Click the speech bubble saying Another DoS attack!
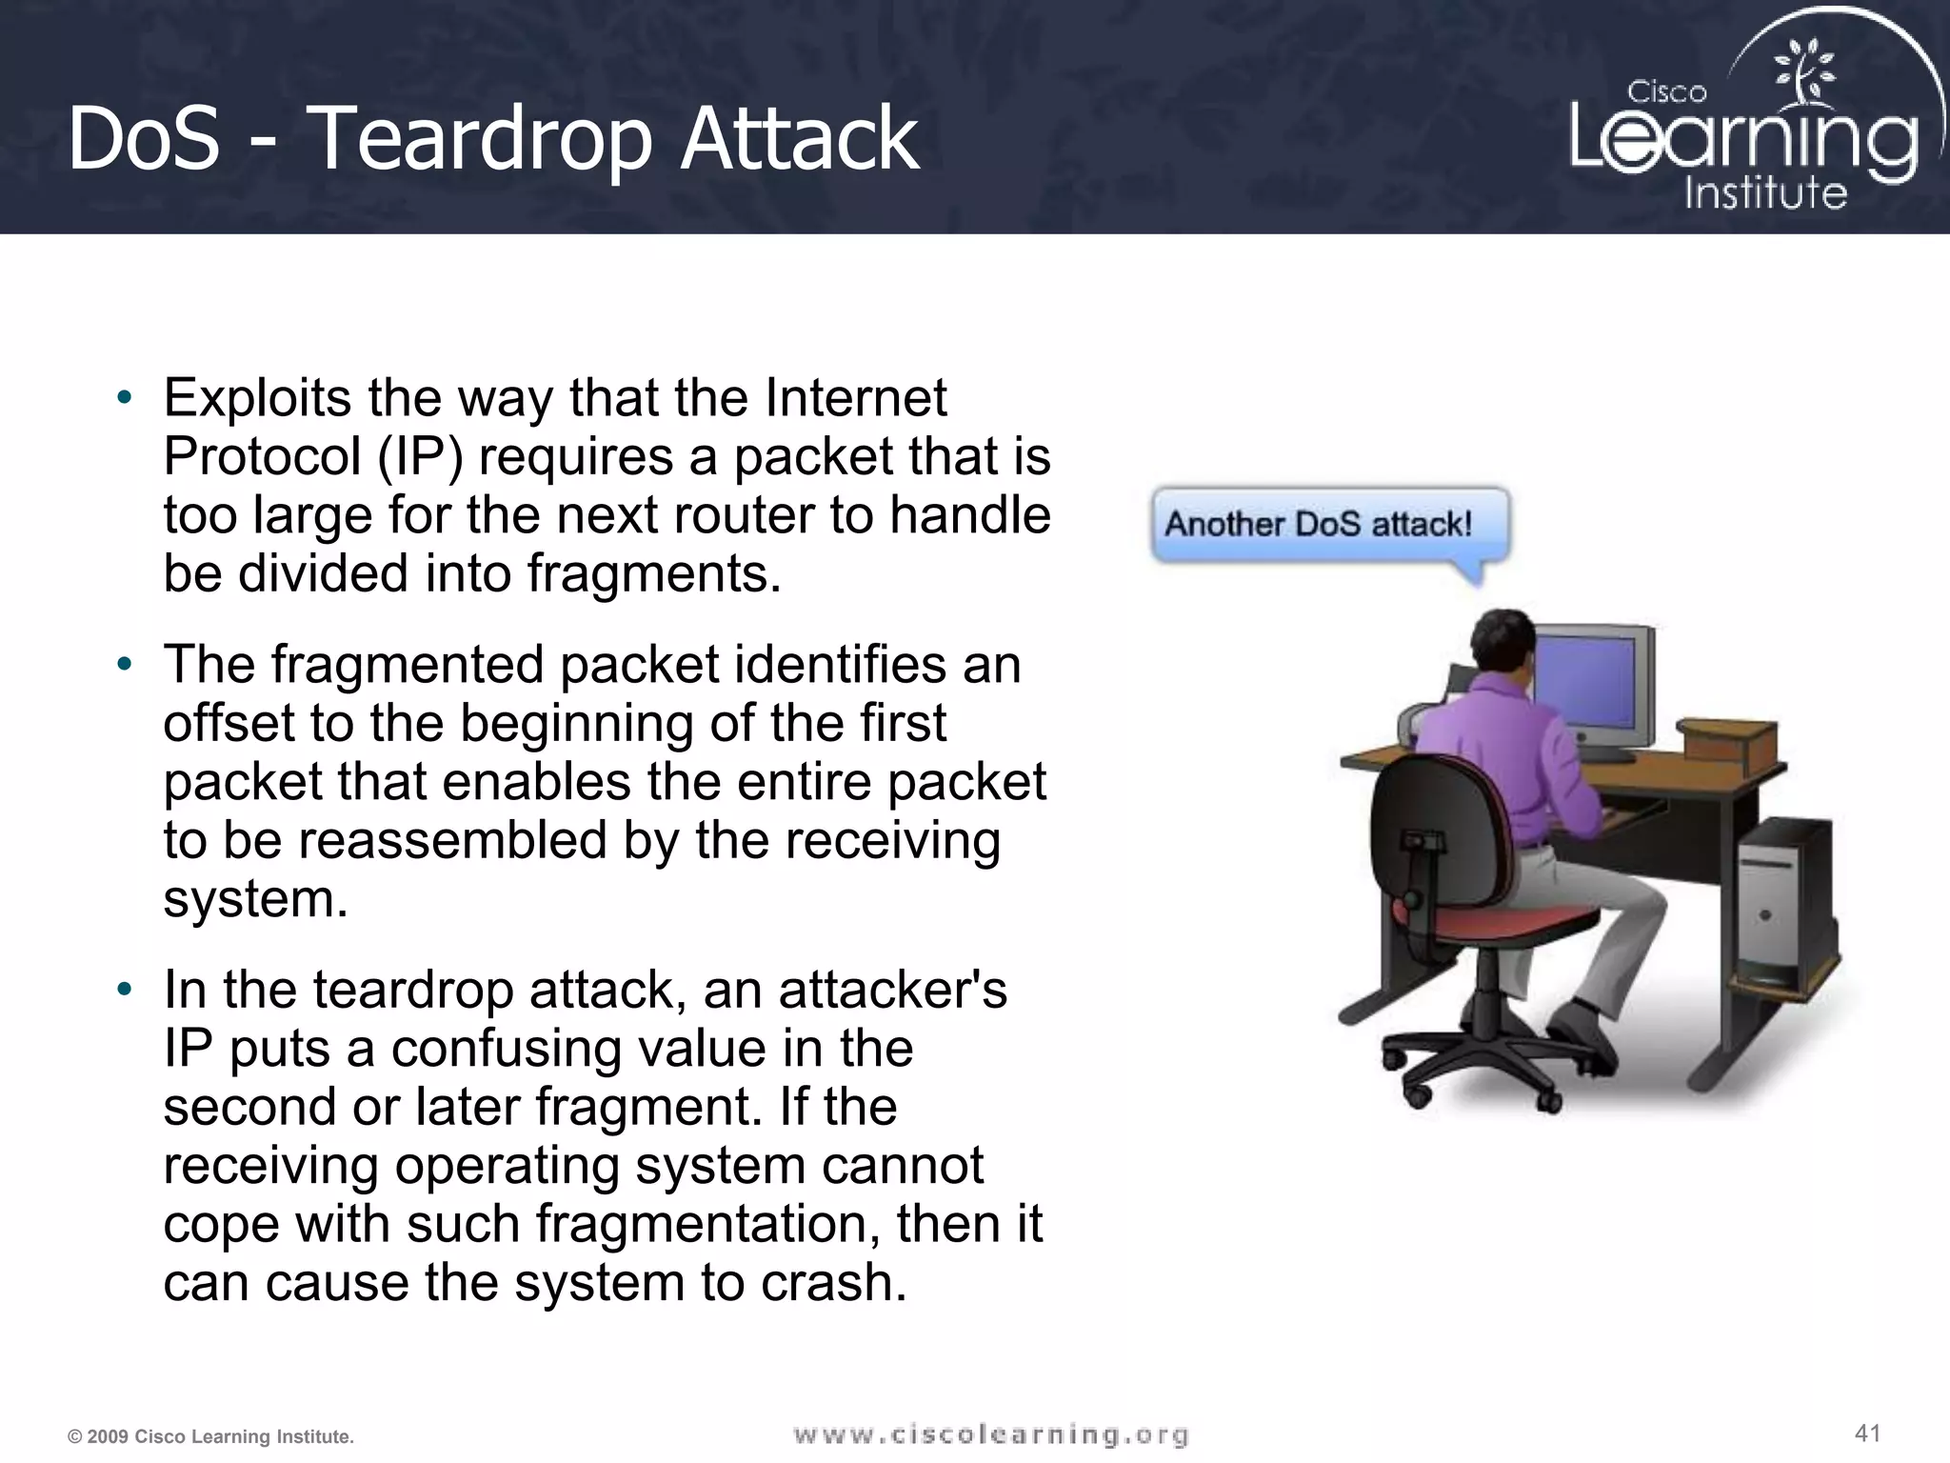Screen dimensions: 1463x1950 pyautogui.click(x=1329, y=525)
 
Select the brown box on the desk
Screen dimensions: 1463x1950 pyautogui.click(x=1724, y=741)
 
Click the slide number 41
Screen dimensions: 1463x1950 pyautogui.click(x=1867, y=1433)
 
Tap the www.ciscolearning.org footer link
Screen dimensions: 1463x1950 pyautogui.click(x=990, y=1434)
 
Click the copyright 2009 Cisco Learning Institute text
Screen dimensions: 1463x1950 pyautogui.click(x=210, y=1436)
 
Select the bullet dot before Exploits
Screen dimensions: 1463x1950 pyautogui.click(x=124, y=398)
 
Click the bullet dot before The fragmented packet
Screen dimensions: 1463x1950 pyautogui.click(x=124, y=665)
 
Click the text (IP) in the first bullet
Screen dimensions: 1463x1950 pyautogui.click(x=420, y=457)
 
